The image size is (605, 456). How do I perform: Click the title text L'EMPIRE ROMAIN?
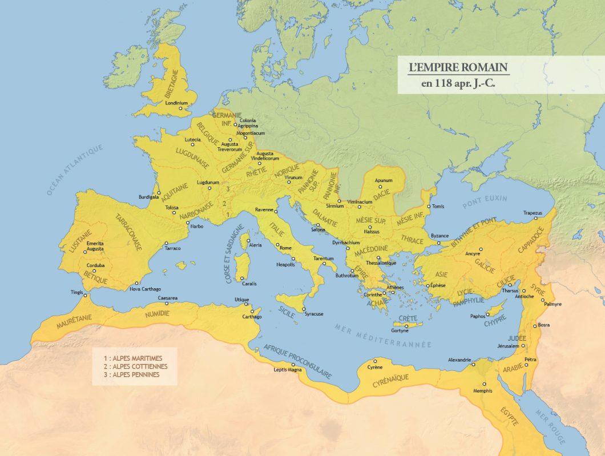click(458, 67)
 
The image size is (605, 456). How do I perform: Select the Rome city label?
click(285, 248)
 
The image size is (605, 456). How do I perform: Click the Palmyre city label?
click(552, 304)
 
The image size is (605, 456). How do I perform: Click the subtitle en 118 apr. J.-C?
click(458, 84)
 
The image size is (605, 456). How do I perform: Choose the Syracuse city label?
click(314, 314)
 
